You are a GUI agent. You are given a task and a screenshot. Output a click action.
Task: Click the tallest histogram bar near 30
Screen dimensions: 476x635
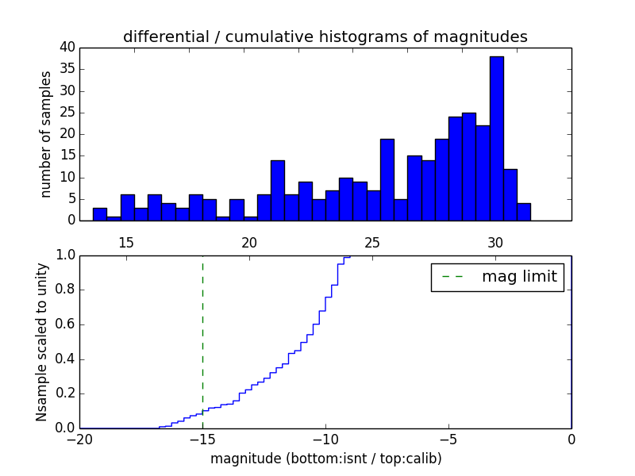(496, 139)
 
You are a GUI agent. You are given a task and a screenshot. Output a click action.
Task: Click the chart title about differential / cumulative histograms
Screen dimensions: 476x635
(325, 36)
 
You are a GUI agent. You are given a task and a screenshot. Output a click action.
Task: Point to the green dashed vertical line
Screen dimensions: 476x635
(202, 341)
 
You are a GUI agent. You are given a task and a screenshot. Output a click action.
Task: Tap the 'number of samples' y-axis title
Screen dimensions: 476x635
(46, 134)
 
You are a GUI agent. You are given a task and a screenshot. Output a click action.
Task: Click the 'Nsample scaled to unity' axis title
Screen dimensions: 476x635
(41, 342)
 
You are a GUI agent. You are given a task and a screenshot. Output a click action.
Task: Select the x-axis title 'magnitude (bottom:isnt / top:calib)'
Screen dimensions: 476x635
(325, 459)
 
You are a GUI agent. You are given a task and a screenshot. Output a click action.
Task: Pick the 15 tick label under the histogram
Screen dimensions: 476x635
(126, 243)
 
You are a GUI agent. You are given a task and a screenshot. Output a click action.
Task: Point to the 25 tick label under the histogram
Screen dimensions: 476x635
(373, 243)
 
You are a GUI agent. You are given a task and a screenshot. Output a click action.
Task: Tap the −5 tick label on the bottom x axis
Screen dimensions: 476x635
(448, 440)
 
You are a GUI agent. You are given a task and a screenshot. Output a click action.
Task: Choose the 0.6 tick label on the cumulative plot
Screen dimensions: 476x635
(64, 324)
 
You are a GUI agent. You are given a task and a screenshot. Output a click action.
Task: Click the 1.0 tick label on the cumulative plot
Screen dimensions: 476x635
(64, 255)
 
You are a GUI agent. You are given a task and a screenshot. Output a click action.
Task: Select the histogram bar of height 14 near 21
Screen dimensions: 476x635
(277, 190)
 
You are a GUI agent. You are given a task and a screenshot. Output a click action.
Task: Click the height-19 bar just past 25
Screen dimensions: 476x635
(387, 179)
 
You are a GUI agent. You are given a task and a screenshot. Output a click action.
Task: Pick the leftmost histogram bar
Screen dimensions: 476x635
(99, 214)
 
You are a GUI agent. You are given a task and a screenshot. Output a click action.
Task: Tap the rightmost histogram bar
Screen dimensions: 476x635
(524, 212)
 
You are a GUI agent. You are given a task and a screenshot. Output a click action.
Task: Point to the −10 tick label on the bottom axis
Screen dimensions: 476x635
(325, 440)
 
